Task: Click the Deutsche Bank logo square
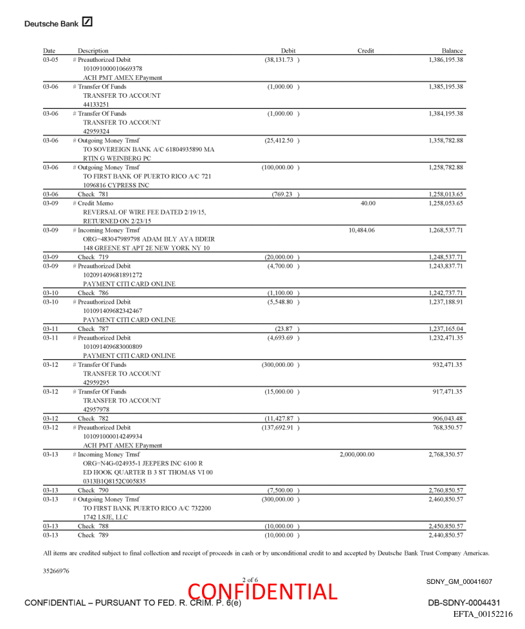[x=87, y=23]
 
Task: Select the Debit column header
[x=288, y=51]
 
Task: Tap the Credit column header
[x=365, y=51]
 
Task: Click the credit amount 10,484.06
[x=362, y=230]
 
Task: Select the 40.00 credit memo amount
[x=368, y=203]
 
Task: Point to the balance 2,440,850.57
[x=446, y=535]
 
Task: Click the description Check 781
[x=93, y=194]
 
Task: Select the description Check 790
[x=93, y=490]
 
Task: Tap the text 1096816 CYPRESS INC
[x=116, y=185]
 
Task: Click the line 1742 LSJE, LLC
[x=106, y=517]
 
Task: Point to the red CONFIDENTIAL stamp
[x=262, y=592]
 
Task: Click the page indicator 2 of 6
[x=250, y=580]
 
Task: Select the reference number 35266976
[x=56, y=570]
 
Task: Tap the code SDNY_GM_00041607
[x=459, y=582]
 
